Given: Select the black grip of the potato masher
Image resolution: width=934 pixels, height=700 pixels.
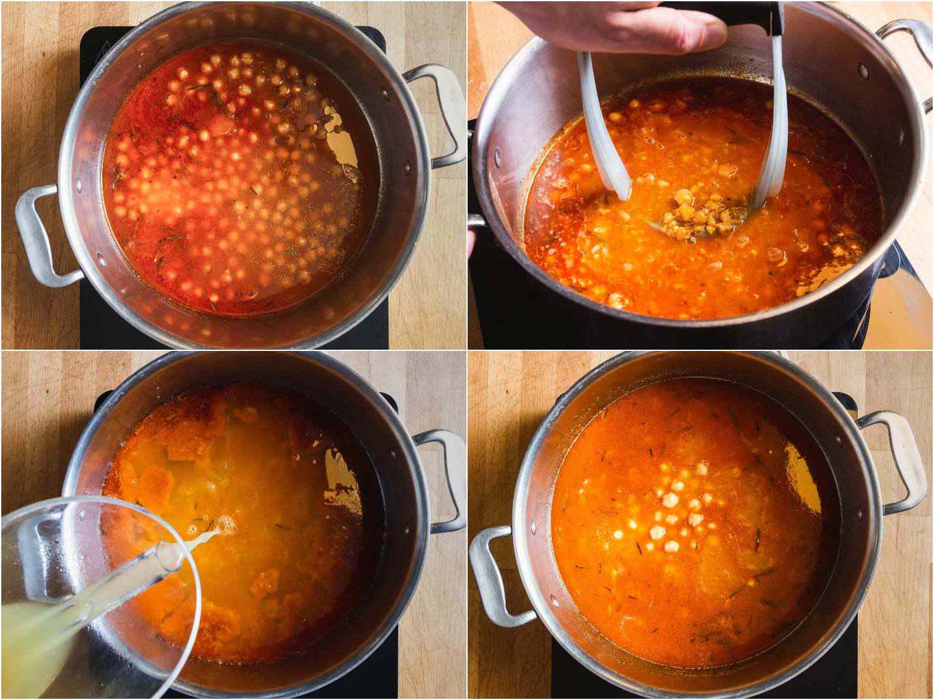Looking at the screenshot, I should click(757, 16).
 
